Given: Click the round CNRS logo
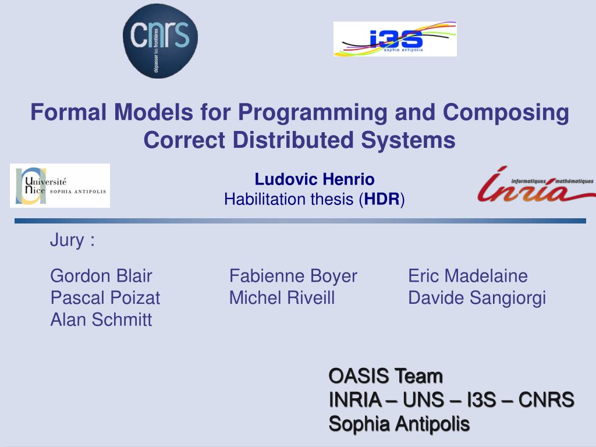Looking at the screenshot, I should point(160,40).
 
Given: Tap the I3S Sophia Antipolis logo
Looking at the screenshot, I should point(395,39).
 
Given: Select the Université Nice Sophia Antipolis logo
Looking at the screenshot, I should point(60,186).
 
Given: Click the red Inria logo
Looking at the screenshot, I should point(535,185).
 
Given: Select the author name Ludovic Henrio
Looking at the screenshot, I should point(314,179).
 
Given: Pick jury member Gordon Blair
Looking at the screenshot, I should point(101,276).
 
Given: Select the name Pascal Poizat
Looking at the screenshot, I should point(105,298).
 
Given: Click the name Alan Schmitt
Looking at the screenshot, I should point(101,320).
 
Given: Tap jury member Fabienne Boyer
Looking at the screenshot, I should point(293,276).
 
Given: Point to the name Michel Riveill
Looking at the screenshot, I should point(282,298).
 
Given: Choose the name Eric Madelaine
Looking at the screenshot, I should point(467,276).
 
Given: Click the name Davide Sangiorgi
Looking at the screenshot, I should point(477,298).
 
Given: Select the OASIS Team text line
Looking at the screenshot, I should point(385,377).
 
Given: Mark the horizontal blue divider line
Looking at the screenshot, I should point(300,221).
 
